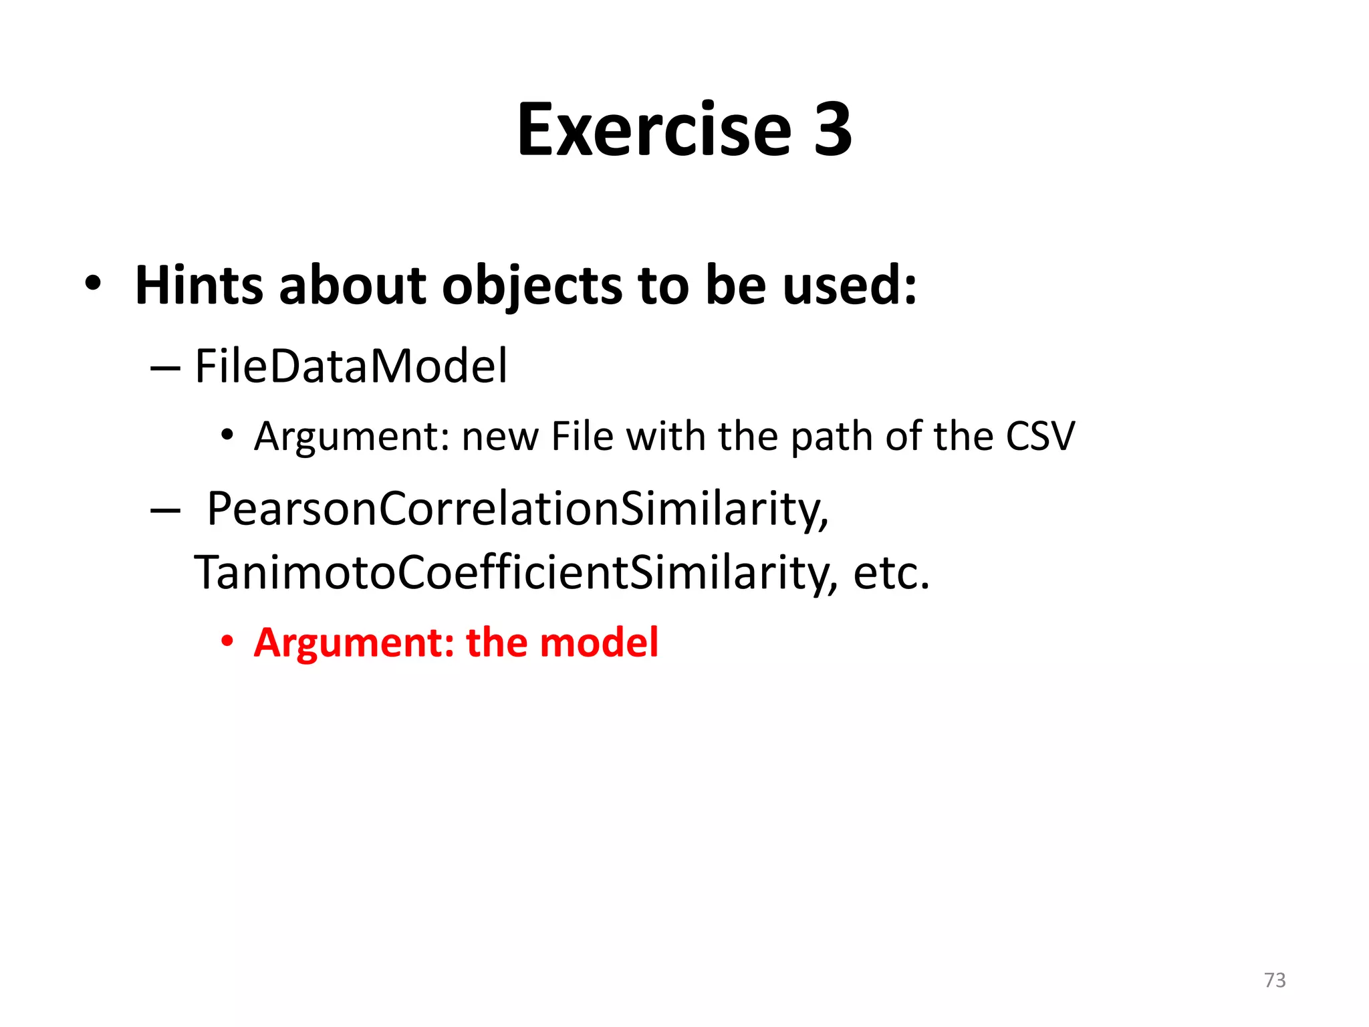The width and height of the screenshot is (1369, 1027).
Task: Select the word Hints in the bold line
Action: pyautogui.click(x=199, y=286)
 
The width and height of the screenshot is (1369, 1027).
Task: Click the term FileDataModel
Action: pyautogui.click(x=351, y=366)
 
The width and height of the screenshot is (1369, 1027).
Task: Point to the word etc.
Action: pyautogui.click(x=891, y=573)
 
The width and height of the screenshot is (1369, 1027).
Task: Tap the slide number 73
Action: pyautogui.click(x=1275, y=980)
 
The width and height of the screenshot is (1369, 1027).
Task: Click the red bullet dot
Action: pyautogui.click(x=228, y=641)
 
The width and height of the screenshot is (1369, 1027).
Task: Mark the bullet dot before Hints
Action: pyautogui.click(x=93, y=283)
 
